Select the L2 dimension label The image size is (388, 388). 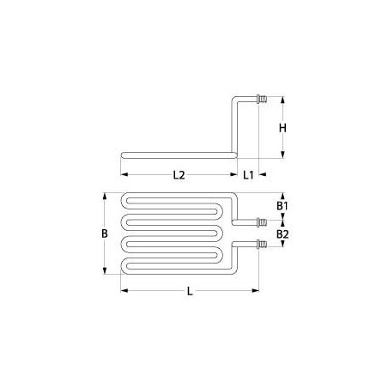[179, 175]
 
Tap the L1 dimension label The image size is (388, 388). [247, 175]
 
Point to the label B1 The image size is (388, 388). [281, 206]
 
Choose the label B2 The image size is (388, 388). [281, 233]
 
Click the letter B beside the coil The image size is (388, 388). [102, 233]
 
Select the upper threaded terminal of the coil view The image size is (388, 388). [261, 220]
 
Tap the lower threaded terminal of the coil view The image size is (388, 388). [261, 246]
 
